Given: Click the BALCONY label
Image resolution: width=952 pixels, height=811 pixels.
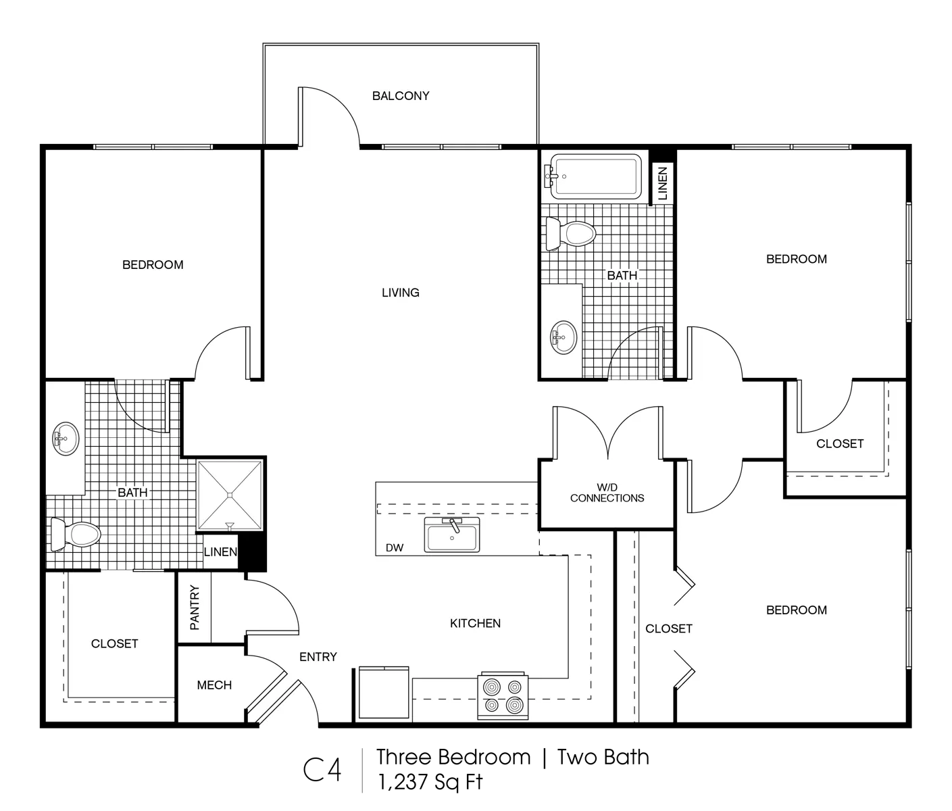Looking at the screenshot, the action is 401,96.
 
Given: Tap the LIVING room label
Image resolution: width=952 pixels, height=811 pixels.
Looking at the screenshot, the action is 400,293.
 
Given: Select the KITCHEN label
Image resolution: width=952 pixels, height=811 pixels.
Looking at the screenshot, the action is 475,623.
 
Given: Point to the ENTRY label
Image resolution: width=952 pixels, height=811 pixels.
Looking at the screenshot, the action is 318,657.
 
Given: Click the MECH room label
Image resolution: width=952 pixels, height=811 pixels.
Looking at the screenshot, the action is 214,685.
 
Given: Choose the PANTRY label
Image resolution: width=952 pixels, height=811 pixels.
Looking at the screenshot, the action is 195,608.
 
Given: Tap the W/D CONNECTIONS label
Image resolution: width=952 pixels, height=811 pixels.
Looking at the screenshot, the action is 607,493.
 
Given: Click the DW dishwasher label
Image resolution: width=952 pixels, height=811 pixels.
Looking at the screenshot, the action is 395,548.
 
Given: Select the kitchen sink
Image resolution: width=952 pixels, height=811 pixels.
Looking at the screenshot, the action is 452,535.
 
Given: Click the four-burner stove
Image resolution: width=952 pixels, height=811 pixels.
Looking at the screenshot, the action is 503,696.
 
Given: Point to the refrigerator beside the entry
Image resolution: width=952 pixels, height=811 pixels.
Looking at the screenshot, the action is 384,692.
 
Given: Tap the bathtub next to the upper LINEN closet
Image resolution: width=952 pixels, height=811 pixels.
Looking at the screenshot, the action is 593,176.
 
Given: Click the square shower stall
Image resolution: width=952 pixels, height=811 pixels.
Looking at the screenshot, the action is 230,495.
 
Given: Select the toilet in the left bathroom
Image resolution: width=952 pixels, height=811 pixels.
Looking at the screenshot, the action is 76,535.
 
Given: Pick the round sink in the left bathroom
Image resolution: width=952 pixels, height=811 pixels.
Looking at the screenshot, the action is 66,438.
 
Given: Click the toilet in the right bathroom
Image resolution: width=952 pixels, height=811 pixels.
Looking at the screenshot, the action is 571,234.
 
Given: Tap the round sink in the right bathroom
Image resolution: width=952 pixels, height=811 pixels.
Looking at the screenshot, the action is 563,338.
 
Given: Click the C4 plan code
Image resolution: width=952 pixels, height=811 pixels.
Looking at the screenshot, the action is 322,770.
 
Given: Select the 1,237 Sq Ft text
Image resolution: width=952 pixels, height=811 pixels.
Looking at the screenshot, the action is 430,782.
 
